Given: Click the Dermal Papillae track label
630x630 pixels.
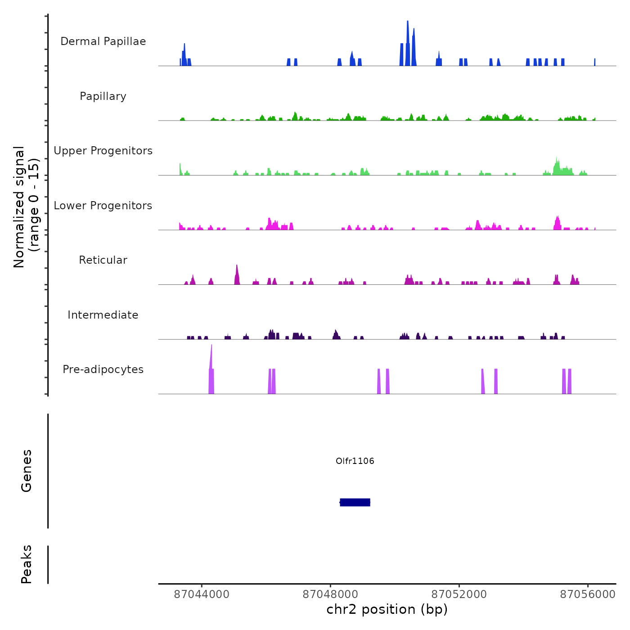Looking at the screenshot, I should (x=103, y=41).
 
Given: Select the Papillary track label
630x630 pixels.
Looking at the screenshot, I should (x=103, y=96).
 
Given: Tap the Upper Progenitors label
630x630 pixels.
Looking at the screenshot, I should (x=103, y=151).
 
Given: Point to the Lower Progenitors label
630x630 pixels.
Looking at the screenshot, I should (x=103, y=206).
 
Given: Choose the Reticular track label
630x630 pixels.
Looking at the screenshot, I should (x=103, y=260).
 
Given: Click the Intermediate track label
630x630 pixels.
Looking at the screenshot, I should (x=103, y=315).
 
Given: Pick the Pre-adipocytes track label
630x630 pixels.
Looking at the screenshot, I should (x=103, y=369).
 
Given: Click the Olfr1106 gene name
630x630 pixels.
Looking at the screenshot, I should (x=355, y=461).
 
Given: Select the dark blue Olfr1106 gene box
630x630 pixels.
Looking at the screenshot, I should (x=355, y=502).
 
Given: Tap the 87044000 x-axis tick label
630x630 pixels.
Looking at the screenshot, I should (x=202, y=594).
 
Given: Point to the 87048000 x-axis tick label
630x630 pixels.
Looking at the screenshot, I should (x=330, y=594).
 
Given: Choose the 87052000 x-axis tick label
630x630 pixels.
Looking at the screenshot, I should (x=459, y=594).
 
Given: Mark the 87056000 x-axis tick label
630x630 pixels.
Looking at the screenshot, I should (x=588, y=594).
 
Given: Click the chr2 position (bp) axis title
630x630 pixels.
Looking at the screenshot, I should (x=387, y=609).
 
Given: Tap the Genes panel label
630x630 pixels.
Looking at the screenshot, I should (x=27, y=471).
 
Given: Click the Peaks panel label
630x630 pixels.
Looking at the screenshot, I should (x=27, y=564).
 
